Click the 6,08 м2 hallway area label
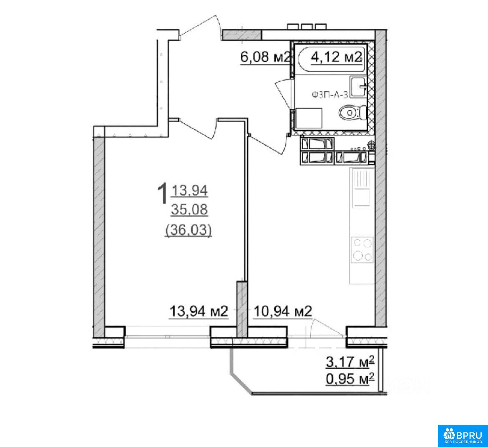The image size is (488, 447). pos(265,57)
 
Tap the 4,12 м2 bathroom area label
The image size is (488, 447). pos(336,57)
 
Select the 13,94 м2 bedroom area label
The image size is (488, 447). pos(199,311)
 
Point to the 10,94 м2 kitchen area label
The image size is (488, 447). pos(283,311)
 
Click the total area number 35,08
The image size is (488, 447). pos(189,210)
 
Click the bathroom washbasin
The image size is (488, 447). pos(358,86)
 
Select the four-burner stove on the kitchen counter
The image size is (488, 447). pos(362,249)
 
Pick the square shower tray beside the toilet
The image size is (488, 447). pos(308,118)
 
